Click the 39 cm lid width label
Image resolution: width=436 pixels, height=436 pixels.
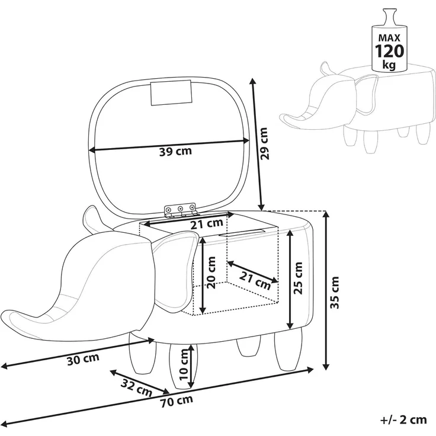point(175,151)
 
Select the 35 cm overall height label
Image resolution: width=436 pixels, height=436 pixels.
point(335,293)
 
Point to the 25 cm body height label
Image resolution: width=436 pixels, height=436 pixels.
point(297,278)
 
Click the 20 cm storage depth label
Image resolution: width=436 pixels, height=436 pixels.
point(211,272)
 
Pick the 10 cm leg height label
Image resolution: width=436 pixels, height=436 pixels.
point(184,364)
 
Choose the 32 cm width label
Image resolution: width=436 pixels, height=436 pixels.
point(136,387)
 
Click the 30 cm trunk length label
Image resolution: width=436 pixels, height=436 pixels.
point(83,359)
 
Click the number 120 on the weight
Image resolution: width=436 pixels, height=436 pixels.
point(389,51)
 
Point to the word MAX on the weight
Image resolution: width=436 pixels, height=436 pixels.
point(389,37)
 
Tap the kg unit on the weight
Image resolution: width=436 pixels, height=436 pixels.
point(389,65)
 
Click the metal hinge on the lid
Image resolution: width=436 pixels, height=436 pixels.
point(180,210)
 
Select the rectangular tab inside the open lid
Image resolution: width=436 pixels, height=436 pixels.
point(171,93)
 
